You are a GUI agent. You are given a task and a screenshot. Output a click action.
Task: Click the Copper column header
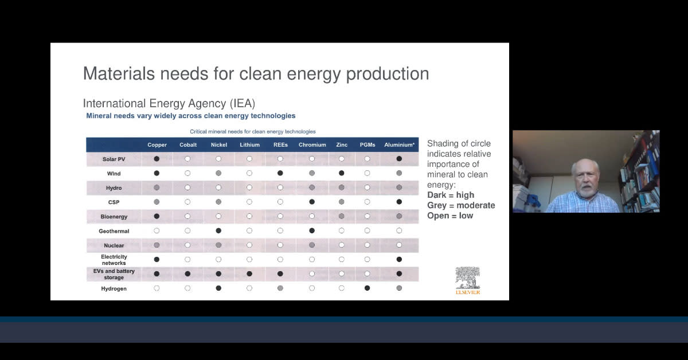[x=157, y=145]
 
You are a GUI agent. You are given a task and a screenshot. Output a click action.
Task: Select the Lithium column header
[x=249, y=145]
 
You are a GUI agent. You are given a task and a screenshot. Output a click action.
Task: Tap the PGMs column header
[x=368, y=145]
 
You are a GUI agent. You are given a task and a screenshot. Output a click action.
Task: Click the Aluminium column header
[x=399, y=145]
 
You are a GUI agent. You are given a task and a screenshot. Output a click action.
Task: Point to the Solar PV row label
[x=114, y=159]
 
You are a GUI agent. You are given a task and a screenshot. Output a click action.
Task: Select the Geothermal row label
[x=114, y=231]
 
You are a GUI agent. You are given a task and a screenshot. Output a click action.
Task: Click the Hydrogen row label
[x=114, y=289]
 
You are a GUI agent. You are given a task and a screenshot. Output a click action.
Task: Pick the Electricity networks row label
[x=114, y=260]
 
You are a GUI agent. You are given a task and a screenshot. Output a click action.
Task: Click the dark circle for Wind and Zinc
[x=342, y=173]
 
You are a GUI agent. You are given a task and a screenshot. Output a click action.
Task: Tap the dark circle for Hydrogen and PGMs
[x=368, y=288]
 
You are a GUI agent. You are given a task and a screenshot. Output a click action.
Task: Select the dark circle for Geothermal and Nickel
[x=218, y=230]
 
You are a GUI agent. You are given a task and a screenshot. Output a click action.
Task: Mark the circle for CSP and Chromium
[x=312, y=202]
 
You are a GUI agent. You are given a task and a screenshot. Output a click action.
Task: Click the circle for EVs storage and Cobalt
[x=187, y=274]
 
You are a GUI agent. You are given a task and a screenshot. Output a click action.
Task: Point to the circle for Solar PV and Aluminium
[x=399, y=159]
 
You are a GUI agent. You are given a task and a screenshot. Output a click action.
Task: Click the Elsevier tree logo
[x=468, y=278]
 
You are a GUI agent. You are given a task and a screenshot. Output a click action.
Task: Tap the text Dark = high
[x=451, y=195]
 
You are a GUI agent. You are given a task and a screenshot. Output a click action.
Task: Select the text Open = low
[x=450, y=216]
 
